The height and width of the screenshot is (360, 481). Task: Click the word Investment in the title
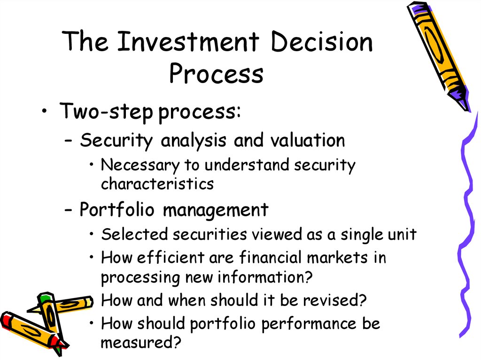[x=188, y=41]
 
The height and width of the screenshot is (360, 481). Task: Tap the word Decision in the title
[x=322, y=41]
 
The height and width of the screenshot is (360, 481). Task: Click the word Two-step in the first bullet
[x=106, y=111]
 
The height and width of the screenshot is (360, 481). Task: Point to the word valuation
[x=308, y=140]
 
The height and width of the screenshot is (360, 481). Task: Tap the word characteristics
[x=157, y=184]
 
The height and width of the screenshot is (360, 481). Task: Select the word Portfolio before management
[x=117, y=210]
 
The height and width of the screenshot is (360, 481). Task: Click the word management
[x=215, y=211]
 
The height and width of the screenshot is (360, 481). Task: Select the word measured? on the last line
[x=141, y=342]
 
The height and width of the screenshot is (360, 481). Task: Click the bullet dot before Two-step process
[x=45, y=111]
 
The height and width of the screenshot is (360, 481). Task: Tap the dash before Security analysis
[x=69, y=142]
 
